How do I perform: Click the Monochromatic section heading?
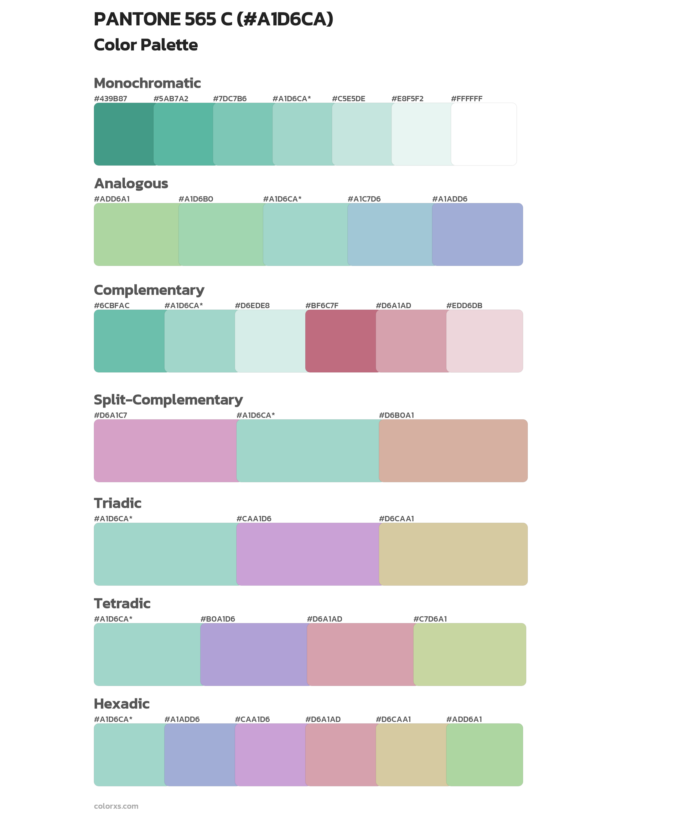[x=147, y=83]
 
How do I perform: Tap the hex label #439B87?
[x=111, y=99]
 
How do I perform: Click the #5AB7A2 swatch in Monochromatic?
[x=184, y=134]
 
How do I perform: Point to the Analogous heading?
[x=131, y=183]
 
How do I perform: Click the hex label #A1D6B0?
[x=196, y=199]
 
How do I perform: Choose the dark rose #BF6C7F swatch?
[x=341, y=341]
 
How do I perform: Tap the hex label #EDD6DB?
[x=464, y=305]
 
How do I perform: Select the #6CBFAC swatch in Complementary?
[x=129, y=341]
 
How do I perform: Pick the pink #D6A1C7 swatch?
[x=165, y=451]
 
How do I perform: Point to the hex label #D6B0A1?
[x=396, y=415]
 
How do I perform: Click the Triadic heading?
[x=117, y=503]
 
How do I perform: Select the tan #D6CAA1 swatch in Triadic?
[x=453, y=554]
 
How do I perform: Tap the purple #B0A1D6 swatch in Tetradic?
[x=254, y=654]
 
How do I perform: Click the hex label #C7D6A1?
[x=430, y=619]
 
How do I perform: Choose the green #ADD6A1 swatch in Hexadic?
[x=484, y=755]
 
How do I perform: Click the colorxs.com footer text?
[x=116, y=806]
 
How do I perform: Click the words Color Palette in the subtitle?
[x=146, y=45]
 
